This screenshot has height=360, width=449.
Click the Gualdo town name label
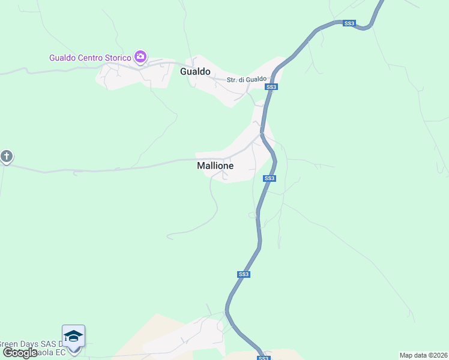click(x=195, y=72)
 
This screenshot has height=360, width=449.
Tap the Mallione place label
click(x=215, y=166)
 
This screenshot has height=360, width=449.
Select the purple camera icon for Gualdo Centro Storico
click(x=140, y=57)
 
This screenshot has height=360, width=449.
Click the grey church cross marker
click(x=6, y=157)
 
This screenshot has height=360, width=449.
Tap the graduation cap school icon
click(x=73, y=335)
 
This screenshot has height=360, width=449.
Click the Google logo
click(x=19, y=352)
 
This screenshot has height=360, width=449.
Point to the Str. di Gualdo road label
click(x=246, y=80)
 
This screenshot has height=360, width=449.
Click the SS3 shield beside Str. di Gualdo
click(x=271, y=87)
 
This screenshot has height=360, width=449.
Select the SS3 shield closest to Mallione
click(x=270, y=178)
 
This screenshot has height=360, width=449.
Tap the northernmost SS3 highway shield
click(x=349, y=23)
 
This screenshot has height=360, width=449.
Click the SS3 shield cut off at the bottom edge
click(x=263, y=358)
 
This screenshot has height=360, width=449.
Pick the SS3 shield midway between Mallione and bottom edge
click(x=243, y=274)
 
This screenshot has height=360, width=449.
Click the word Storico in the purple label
click(x=118, y=58)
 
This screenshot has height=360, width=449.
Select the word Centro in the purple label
click(x=88, y=58)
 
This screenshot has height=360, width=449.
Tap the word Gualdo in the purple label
click(x=62, y=58)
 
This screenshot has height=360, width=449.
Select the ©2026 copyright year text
click(x=439, y=355)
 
